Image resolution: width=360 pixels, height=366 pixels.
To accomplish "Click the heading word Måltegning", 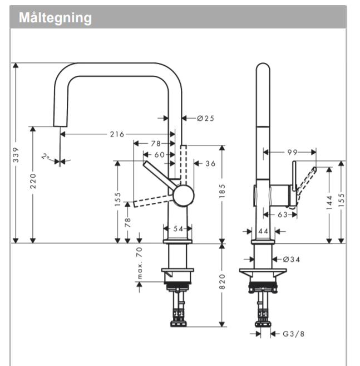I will (55, 17).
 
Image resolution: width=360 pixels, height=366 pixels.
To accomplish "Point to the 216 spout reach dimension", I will (117, 134).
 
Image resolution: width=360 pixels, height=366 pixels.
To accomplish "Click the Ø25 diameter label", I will (205, 118).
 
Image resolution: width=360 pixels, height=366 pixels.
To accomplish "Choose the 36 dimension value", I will (210, 163).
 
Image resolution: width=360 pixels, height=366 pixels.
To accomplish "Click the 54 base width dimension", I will (178, 229).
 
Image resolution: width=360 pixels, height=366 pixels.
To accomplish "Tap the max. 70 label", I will (140, 262).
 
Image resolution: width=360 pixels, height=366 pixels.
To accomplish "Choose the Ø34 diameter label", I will (291, 259).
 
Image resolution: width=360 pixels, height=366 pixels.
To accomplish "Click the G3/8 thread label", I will (293, 334).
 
